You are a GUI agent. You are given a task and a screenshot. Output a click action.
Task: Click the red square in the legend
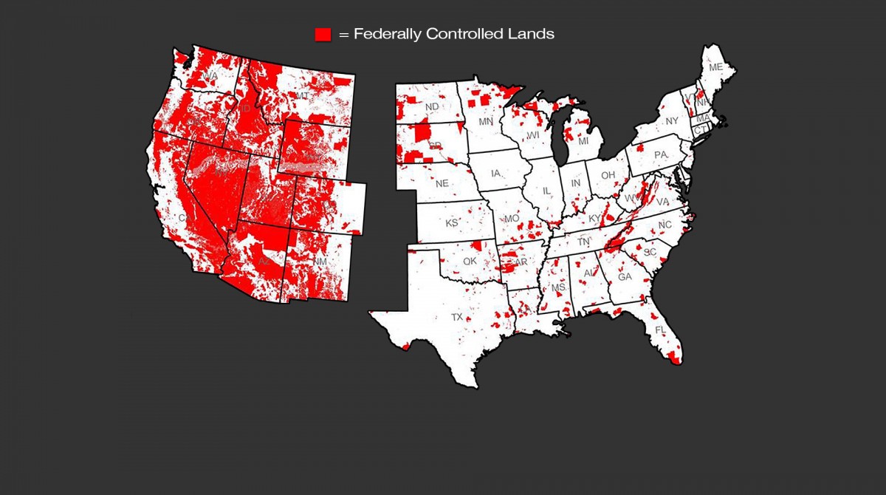click(323, 35)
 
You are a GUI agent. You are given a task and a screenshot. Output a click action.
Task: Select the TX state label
click(457, 317)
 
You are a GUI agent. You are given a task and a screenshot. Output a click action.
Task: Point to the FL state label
click(660, 329)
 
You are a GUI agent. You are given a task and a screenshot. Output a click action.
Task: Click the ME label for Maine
click(715, 67)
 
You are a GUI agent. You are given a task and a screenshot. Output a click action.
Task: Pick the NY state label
click(671, 120)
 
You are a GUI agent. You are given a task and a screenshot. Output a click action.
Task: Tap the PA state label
click(660, 154)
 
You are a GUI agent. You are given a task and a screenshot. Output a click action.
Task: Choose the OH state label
click(608, 175)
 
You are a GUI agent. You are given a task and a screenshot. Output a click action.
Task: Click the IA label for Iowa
click(496, 174)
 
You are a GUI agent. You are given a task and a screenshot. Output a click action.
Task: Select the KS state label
click(451, 222)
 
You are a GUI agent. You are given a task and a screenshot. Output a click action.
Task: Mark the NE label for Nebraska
click(442, 183)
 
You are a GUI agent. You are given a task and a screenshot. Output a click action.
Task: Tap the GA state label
click(625, 277)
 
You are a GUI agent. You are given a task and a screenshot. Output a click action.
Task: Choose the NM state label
click(319, 262)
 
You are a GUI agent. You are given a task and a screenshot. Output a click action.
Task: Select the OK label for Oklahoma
click(470, 261)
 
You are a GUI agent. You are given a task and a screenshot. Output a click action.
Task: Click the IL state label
click(547, 191)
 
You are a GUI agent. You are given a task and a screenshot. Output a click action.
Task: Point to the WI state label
click(534, 136)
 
